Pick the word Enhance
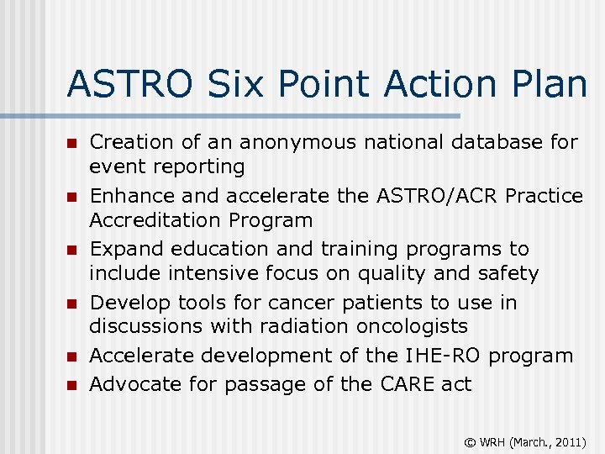pos(132,196)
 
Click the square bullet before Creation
pos(72,144)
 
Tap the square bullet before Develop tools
pos(72,304)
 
